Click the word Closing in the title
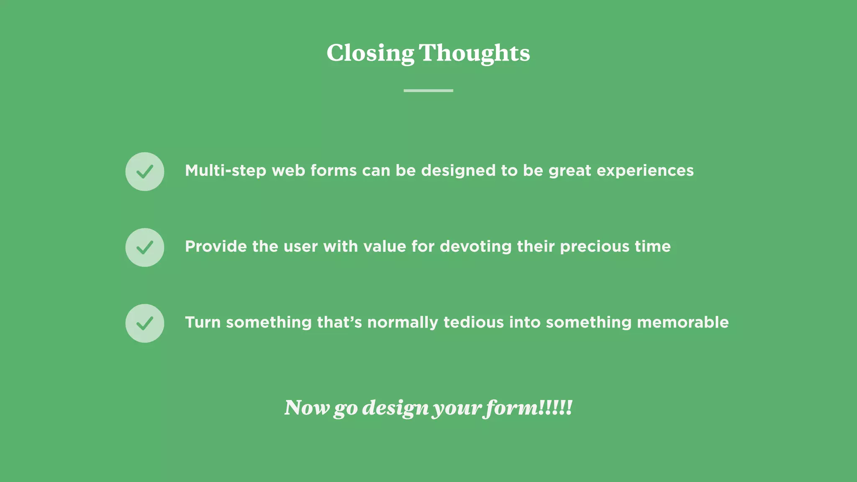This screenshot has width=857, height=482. coord(370,54)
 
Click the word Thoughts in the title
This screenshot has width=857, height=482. coord(474,54)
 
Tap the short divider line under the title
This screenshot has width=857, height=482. coord(428,90)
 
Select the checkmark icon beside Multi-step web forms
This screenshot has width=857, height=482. coord(145,172)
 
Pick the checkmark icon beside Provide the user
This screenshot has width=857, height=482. coord(145,247)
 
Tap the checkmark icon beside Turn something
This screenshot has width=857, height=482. coord(145,323)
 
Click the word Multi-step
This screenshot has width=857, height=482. coord(226,171)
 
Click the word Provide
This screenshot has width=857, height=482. coord(216,246)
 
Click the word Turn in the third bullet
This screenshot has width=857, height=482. coord(203,322)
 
